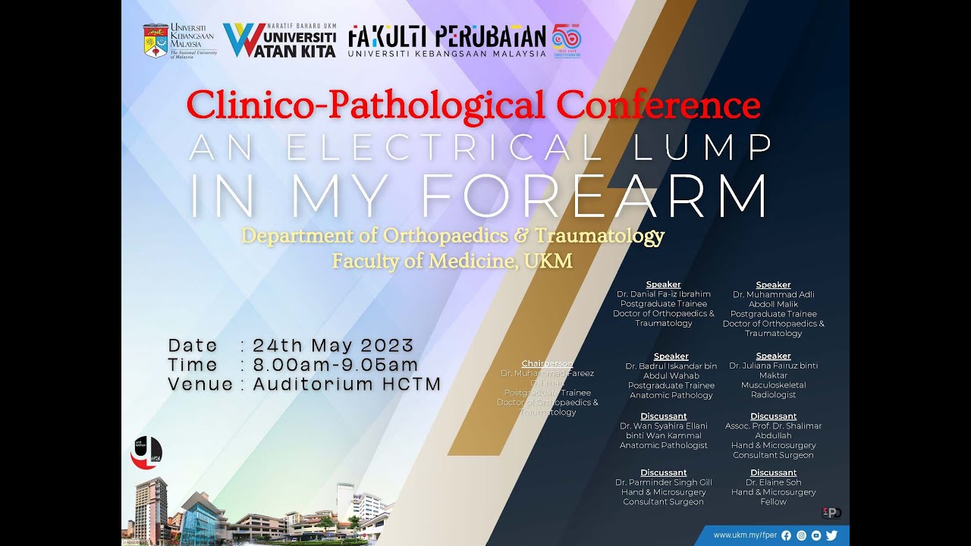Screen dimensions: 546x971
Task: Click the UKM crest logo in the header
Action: click(x=156, y=41)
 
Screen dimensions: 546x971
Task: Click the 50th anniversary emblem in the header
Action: click(x=567, y=41)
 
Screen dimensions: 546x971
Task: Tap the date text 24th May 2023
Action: click(x=333, y=345)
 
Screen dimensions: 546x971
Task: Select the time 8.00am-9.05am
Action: click(x=335, y=365)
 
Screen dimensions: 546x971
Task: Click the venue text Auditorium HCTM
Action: click(x=347, y=384)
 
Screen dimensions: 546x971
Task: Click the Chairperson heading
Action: click(x=547, y=364)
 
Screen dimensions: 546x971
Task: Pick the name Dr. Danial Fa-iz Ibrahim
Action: click(x=664, y=294)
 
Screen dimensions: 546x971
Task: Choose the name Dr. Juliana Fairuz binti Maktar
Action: click(x=773, y=370)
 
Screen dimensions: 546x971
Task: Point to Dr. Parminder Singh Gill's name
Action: click(x=663, y=482)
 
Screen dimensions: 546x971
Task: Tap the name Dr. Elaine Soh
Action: click(x=773, y=482)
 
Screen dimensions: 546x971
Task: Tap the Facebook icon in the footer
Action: click(x=786, y=535)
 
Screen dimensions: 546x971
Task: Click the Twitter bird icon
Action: click(x=831, y=535)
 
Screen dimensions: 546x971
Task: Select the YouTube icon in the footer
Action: click(x=816, y=535)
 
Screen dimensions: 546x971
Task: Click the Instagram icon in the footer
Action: click(x=801, y=535)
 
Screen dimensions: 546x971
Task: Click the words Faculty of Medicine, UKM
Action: click(x=452, y=262)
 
